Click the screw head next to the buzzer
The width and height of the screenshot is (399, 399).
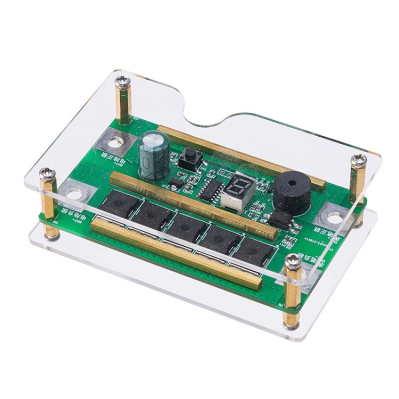[359, 159]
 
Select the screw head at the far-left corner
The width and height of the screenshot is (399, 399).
[48, 173]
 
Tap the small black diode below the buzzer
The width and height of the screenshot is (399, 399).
[279, 217]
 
